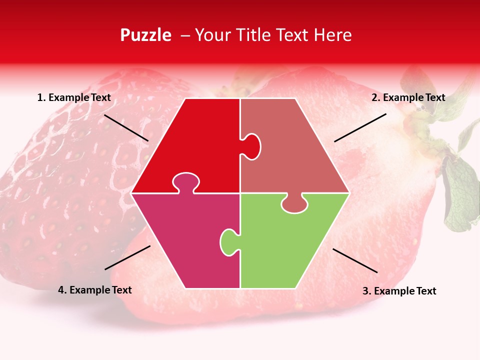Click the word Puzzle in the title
click(x=145, y=35)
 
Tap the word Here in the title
click(x=332, y=35)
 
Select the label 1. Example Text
click(x=74, y=97)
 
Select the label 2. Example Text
click(x=408, y=97)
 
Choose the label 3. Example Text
click(x=399, y=291)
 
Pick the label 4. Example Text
click(x=95, y=290)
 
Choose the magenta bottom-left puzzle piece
click(x=185, y=235)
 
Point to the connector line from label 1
click(x=126, y=127)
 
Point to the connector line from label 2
click(x=360, y=127)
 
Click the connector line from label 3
click(x=355, y=260)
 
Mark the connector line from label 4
click(x=127, y=257)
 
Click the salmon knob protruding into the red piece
click(x=252, y=146)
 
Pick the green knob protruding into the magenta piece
click(x=228, y=242)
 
